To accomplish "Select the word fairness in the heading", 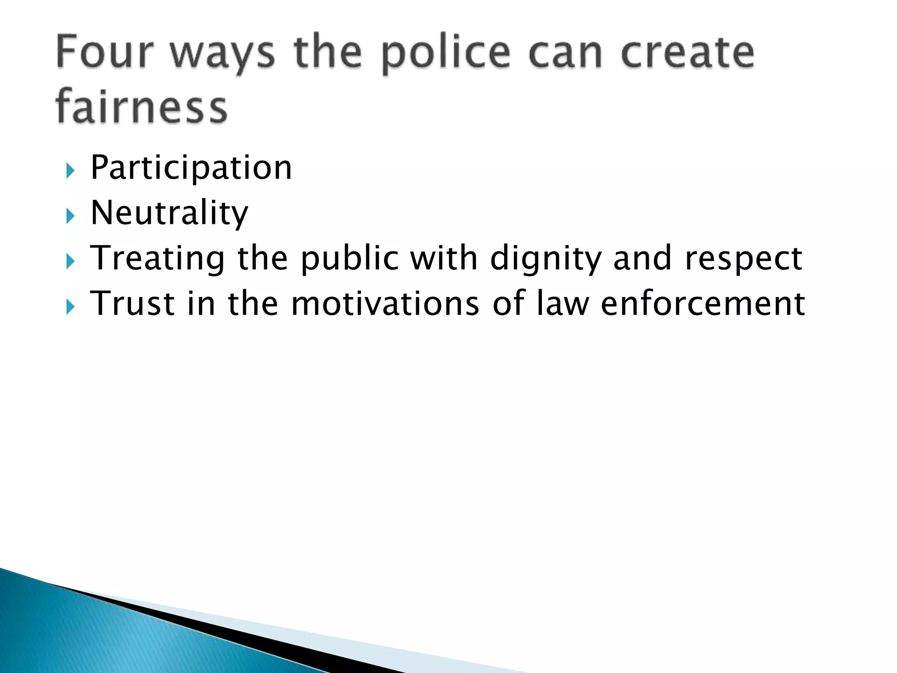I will coord(141,106).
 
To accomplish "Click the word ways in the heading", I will coord(222,55).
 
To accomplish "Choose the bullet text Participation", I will coord(191,168).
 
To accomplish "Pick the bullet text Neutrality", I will coord(169,213).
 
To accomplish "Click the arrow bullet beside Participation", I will coord(71,170).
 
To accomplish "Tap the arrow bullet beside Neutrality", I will coord(71,216).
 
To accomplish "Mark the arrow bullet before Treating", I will coord(71,262).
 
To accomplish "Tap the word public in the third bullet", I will coord(349,259).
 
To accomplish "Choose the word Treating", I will coord(157,259).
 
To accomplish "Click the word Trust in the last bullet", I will coord(132,303).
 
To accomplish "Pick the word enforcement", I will coord(703,303).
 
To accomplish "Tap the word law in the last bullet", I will coord(563,303).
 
